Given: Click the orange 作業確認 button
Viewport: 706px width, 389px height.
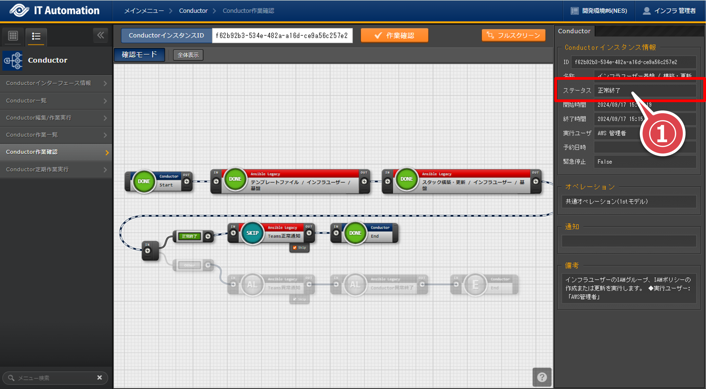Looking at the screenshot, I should point(394,36).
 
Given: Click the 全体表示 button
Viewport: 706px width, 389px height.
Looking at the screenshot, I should point(188,55).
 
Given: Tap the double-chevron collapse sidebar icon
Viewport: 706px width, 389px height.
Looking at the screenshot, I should point(100,35).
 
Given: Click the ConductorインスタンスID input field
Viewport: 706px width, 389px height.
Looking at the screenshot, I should point(282,36).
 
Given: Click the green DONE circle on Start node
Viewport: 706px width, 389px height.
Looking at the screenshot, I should point(144,181).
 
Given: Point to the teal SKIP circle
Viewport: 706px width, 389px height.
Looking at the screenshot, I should point(252,233).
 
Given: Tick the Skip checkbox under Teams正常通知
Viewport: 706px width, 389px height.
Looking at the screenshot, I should point(295,248).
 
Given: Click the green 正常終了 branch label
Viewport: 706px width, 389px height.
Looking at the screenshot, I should point(190,236).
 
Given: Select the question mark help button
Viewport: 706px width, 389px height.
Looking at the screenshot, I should point(542,377).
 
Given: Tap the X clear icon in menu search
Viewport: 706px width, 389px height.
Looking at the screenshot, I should point(100,377).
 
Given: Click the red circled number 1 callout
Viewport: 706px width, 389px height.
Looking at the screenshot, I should point(662,134).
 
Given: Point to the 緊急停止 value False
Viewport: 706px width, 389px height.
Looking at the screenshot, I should point(605,162).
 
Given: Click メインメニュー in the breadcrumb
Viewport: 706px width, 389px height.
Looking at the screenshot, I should point(144,11).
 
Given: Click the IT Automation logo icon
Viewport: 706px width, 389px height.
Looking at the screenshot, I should point(19,10).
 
